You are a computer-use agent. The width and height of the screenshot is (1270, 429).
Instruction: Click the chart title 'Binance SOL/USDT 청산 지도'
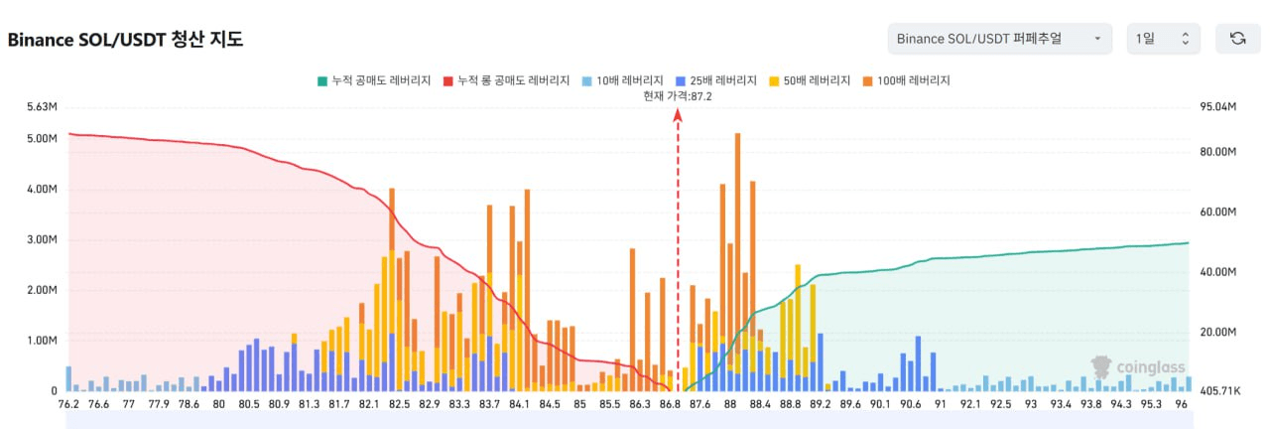pos(126,40)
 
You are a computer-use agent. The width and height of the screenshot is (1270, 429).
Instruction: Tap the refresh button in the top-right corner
pos(1237,39)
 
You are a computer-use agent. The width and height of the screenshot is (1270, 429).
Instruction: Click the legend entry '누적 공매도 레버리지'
pos(374,80)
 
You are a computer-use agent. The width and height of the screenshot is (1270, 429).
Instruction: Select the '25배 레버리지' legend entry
pos(715,80)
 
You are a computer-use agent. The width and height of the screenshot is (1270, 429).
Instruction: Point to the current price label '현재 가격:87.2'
pos(678,96)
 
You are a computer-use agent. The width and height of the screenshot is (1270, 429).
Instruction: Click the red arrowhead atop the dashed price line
pos(678,114)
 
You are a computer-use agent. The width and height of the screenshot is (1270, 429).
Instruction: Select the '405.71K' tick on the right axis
pos(1219,391)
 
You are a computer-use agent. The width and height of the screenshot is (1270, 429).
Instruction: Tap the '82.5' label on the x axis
pos(400,405)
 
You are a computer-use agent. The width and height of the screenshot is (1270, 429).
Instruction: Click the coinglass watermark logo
pos(1138,367)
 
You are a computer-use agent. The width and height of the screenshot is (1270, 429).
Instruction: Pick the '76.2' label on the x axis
pos(68,405)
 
